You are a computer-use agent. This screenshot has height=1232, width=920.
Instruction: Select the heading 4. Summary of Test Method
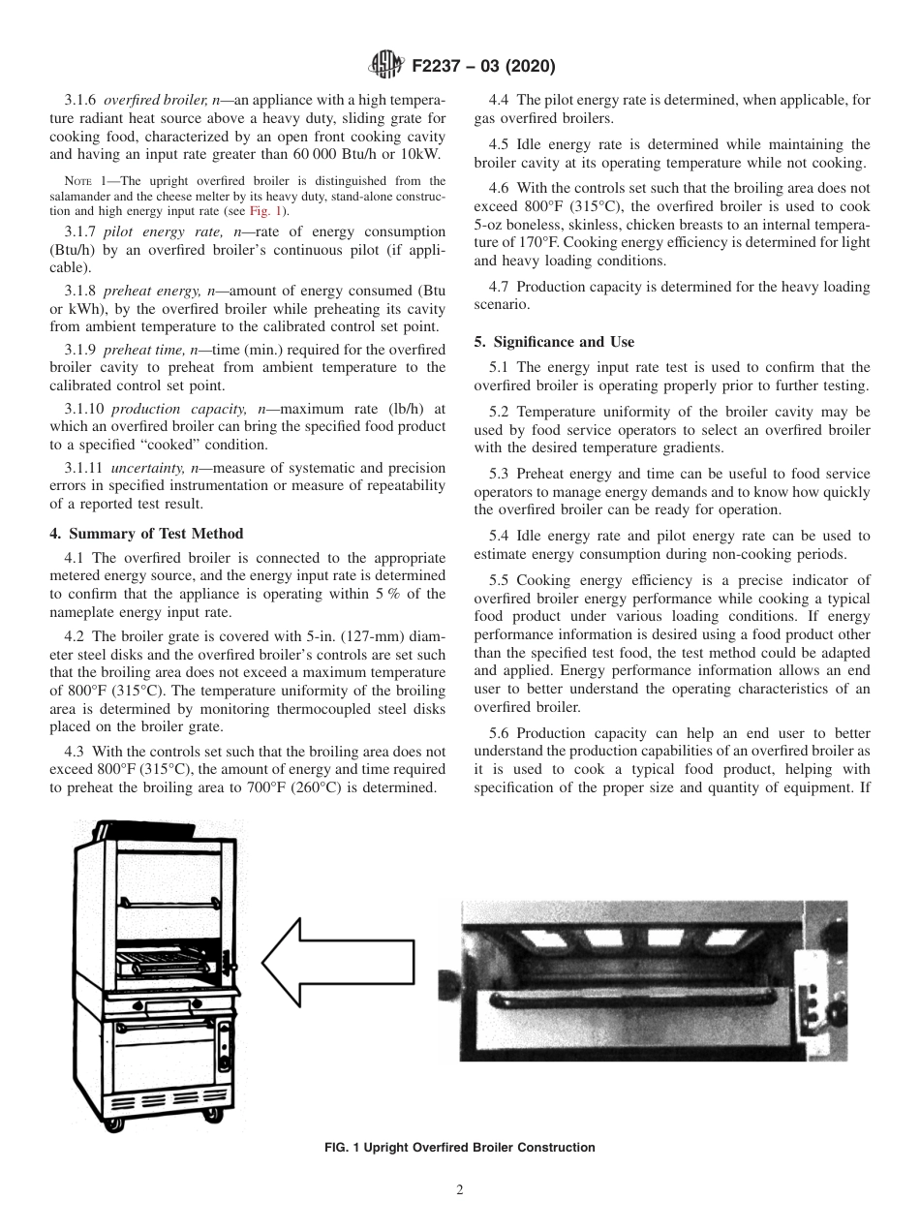[x=146, y=534]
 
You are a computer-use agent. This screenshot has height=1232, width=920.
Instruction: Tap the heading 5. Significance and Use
[x=554, y=342]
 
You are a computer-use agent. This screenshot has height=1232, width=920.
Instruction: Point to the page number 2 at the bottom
[x=459, y=1190]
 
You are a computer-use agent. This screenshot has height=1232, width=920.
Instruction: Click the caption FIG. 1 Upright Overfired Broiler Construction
[x=459, y=1148]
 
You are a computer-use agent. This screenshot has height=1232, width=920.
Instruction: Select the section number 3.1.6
[x=81, y=101]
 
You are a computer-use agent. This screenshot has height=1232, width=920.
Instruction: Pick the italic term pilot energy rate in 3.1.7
[x=151, y=233]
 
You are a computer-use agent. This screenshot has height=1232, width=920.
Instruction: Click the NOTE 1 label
[x=77, y=181]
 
